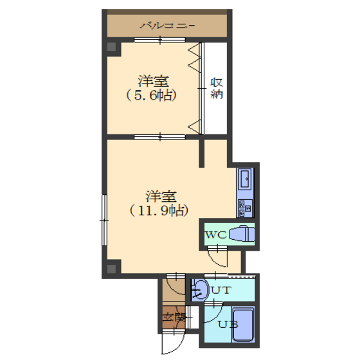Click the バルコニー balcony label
(167, 25)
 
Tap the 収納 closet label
(217, 89)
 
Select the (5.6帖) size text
(152, 96)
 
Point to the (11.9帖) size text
(159, 211)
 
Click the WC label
(216, 235)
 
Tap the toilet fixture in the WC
(242, 234)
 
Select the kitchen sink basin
(246, 179)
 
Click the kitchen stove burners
(246, 208)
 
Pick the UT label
(221, 291)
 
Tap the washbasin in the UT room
(199, 290)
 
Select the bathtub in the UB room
(244, 325)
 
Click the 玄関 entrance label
(174, 318)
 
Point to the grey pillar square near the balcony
(112, 47)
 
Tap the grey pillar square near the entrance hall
(112, 269)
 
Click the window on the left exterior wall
(104, 220)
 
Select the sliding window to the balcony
(159, 40)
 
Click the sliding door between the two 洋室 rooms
(159, 137)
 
